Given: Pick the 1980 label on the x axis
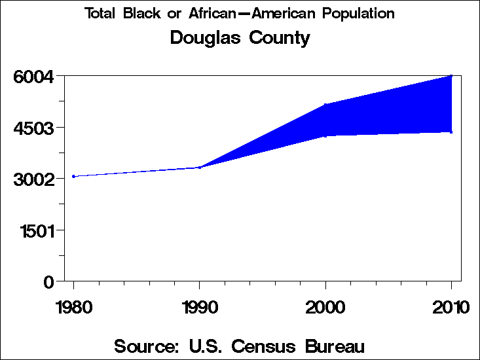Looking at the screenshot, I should (73, 307).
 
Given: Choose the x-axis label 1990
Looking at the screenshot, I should (199, 307).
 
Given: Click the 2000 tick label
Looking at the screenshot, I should (325, 307).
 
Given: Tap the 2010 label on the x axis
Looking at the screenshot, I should (452, 307).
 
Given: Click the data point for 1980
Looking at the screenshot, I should (73, 176).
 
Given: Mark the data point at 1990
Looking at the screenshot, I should (199, 168).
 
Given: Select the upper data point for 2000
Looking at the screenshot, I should (325, 105).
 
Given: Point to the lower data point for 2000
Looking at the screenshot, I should (325, 136).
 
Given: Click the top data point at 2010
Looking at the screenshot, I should (451, 76).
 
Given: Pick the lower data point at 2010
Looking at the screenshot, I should (451, 132).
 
